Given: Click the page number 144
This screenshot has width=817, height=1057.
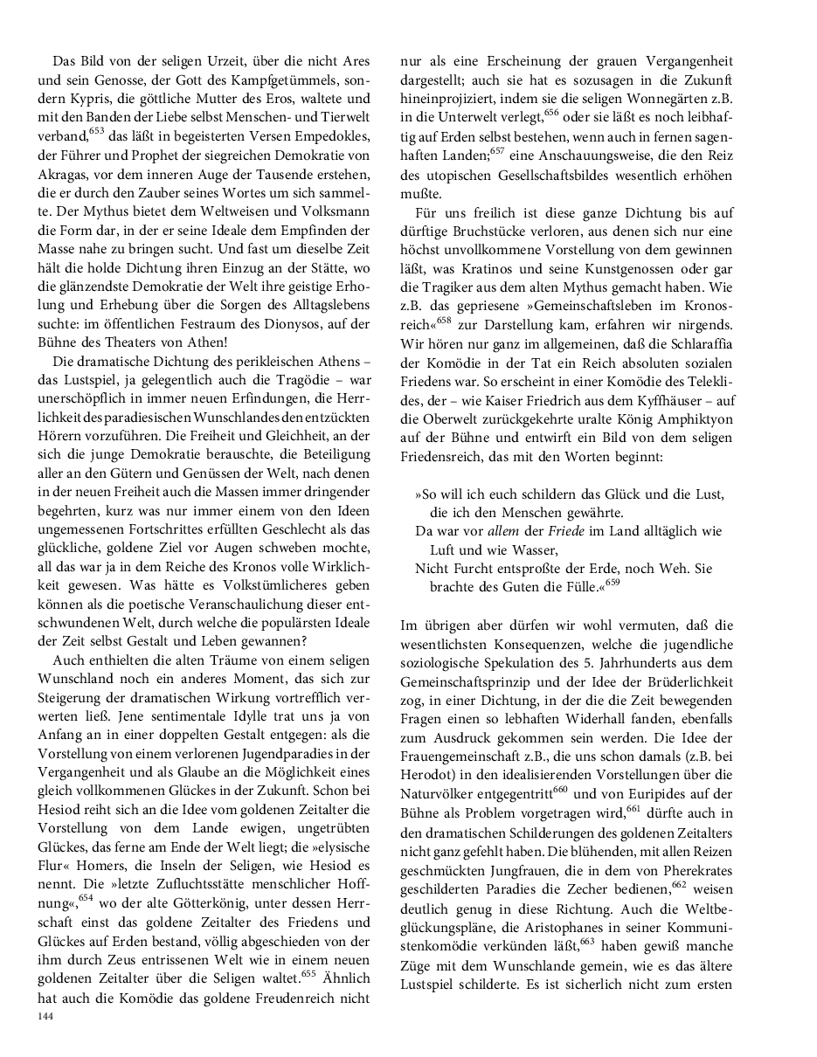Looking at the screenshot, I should coord(45,1017).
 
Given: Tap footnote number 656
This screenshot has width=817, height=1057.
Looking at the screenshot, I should coord(551,112).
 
